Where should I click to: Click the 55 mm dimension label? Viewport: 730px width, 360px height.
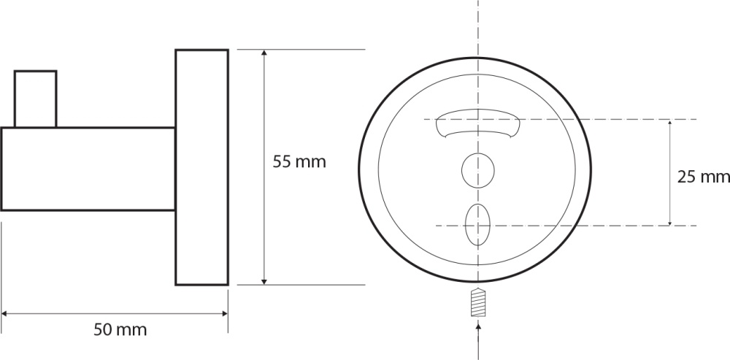coord(299,162)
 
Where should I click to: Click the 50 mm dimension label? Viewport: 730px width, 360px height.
coord(120,330)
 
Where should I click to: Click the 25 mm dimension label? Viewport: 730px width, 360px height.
coord(703,177)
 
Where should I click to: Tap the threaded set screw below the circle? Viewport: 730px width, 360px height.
coord(478,303)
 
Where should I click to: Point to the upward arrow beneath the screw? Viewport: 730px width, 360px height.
coord(479,340)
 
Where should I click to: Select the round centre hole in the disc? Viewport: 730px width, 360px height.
coord(477,170)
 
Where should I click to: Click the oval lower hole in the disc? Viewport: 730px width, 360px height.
coord(477,225)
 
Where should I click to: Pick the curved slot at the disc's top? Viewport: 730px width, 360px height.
coord(478,123)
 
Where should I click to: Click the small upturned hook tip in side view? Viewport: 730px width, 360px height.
coord(35,99)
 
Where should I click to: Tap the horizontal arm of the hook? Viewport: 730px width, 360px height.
coord(88,169)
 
